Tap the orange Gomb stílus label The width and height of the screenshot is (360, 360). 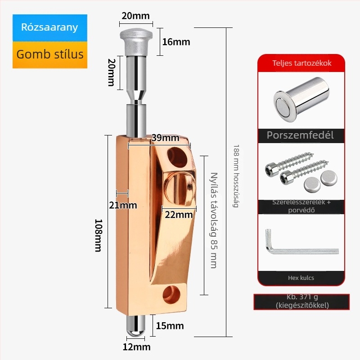coord(50,54)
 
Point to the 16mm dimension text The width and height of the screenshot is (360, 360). coord(176,42)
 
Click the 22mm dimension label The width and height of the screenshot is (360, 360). coord(178,215)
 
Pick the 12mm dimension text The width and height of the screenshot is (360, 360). coord(136,347)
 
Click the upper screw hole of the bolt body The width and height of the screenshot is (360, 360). coord(176,157)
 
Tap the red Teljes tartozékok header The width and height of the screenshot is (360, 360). coord(301,63)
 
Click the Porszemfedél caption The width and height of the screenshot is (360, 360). coord(300,135)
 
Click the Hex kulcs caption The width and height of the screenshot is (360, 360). coord(301,278)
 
